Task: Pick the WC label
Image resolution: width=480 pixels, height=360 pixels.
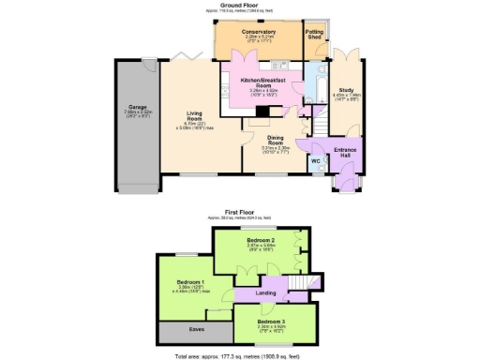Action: pos(315,159)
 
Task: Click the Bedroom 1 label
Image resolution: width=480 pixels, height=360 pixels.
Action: pos(190,281)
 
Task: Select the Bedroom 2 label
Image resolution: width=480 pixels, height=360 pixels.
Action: pos(260,240)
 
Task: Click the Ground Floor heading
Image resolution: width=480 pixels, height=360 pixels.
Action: pos(239,5)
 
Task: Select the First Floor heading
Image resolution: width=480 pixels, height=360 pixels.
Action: pos(240,212)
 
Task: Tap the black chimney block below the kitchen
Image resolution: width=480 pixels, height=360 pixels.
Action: pos(261,110)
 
